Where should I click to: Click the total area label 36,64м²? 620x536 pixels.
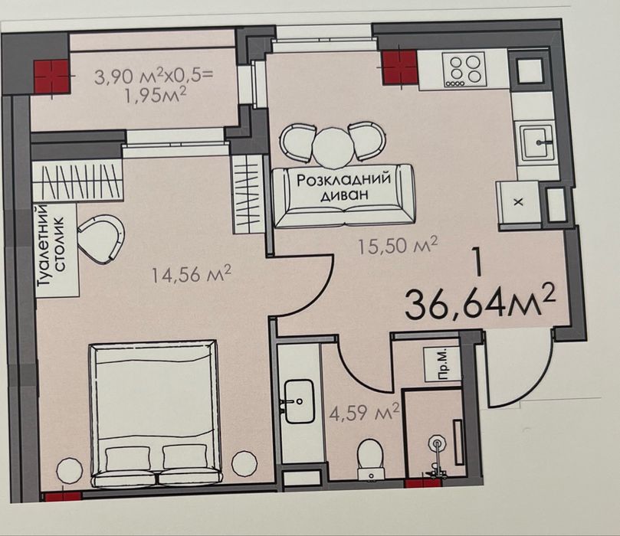[x=481, y=302]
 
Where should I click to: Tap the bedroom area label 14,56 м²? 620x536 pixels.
[x=192, y=273]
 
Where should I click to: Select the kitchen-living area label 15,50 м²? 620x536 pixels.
[x=398, y=245]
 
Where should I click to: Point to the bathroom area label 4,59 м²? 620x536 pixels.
[x=364, y=413]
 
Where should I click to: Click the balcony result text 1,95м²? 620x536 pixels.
[x=155, y=96]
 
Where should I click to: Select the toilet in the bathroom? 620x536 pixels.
[x=369, y=460]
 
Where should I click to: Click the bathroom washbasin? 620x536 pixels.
[x=299, y=401]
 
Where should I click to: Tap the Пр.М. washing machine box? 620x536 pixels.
[x=442, y=364]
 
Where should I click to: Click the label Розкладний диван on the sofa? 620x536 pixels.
[x=343, y=188]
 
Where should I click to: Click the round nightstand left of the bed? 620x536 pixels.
[x=71, y=471]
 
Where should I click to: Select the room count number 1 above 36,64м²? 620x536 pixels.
[x=478, y=263]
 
